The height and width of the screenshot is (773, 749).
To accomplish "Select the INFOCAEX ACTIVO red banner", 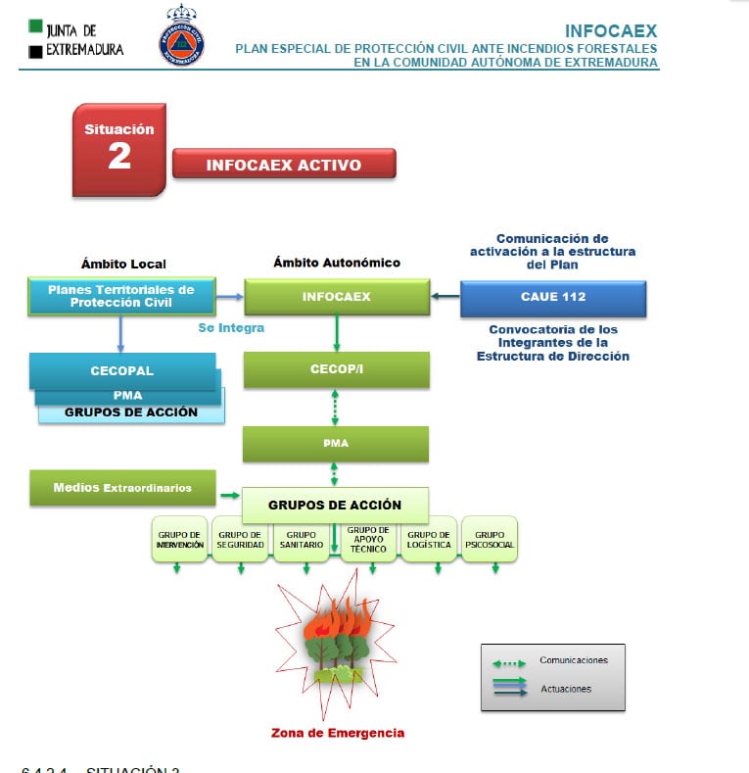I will (x=284, y=165).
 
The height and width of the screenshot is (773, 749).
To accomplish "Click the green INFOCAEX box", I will (x=337, y=297).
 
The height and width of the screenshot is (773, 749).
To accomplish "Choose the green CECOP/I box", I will (x=336, y=369).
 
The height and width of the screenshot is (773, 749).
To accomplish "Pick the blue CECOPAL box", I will (x=122, y=371).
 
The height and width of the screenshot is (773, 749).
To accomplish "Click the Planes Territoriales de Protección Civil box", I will (x=121, y=296).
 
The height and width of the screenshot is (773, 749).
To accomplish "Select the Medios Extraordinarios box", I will (x=122, y=487).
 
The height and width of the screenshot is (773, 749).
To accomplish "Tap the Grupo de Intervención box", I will (x=180, y=539).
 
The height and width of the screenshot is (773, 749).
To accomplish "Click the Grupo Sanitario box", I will (x=302, y=539).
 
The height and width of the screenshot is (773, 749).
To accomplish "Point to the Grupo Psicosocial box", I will (x=489, y=539).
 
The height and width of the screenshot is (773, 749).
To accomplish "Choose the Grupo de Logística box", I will (x=428, y=539).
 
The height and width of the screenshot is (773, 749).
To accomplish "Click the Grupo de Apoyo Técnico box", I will (x=368, y=539).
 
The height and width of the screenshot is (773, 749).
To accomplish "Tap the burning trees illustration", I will (x=335, y=642).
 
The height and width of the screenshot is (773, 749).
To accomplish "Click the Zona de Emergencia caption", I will (x=338, y=733).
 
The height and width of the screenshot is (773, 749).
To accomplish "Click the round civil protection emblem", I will (x=182, y=36).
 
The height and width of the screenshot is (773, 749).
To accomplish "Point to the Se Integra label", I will (x=231, y=328).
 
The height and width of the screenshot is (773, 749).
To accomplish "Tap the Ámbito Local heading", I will (x=123, y=264).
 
